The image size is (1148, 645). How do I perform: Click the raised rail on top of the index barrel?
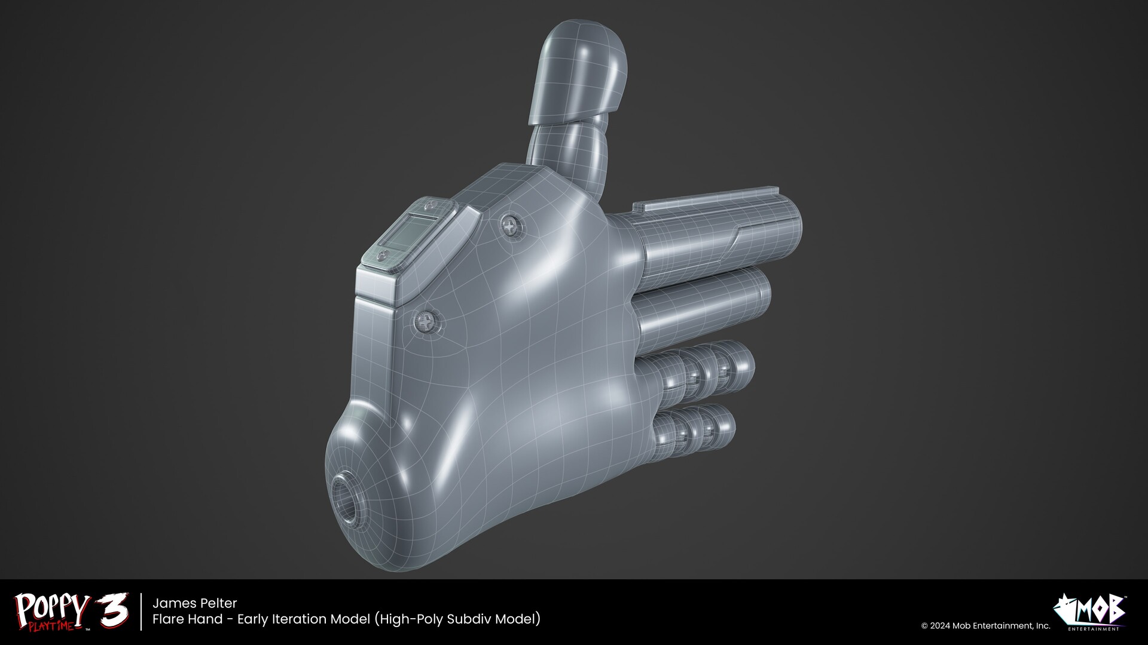(x=706, y=197)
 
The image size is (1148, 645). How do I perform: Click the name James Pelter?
(x=195, y=603)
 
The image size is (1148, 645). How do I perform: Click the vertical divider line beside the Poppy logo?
(x=142, y=612)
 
